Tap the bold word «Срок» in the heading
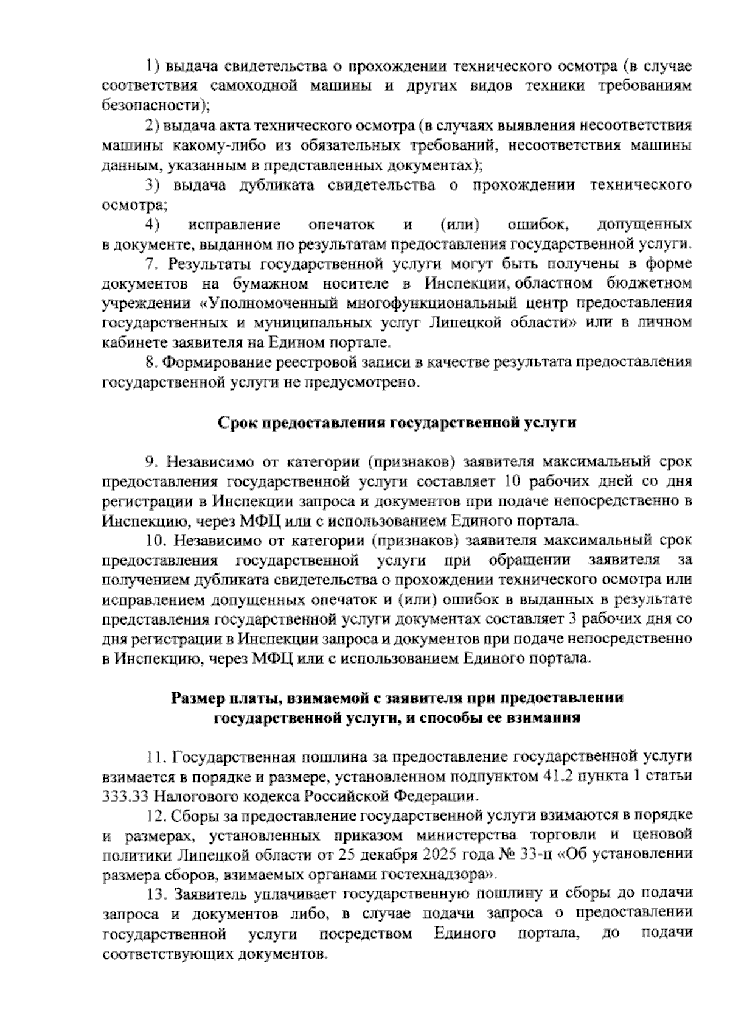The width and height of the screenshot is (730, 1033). pos(238,422)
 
